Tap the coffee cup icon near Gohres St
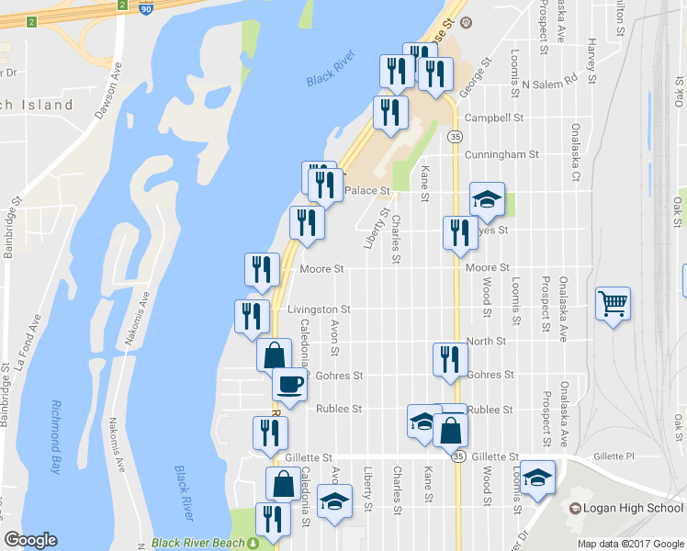289,383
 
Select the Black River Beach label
198,543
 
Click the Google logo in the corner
30,540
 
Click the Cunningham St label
501,155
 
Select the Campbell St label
493,118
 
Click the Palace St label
367,191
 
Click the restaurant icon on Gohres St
448,358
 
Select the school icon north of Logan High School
539,476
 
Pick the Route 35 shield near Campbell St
456,136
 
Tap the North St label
486,341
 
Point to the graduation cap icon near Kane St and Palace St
487,198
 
